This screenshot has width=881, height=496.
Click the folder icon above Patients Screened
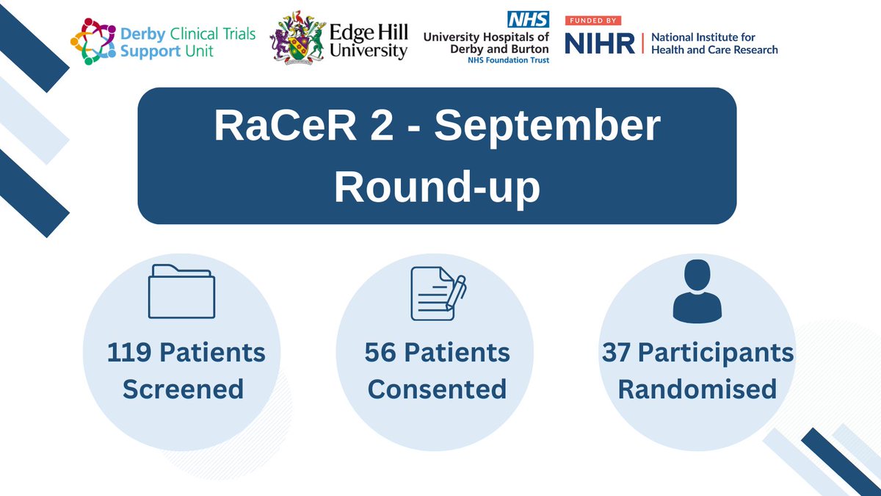coord(182,292)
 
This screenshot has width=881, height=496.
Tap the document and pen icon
coord(438,292)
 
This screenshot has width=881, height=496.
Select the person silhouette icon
coord(692,292)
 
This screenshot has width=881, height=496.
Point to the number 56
coord(380,353)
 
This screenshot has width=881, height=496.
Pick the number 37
coord(617,353)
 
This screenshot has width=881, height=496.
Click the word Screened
coord(183,389)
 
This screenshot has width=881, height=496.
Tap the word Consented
coord(437,389)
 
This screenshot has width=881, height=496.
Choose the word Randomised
coord(697,389)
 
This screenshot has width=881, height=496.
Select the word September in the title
coord(547,127)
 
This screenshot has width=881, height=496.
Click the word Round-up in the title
coord(437,188)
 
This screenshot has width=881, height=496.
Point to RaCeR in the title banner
coord(278,127)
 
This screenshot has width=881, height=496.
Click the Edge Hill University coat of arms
coord(297,38)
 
